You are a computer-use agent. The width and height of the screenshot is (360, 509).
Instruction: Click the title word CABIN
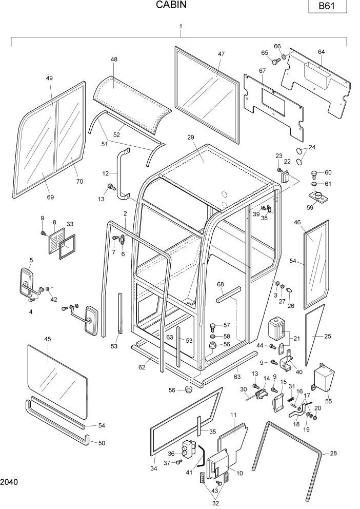pos(171,6)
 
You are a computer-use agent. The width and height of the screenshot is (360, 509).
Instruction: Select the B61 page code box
pos(327,7)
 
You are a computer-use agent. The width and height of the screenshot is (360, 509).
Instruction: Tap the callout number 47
pos(221,54)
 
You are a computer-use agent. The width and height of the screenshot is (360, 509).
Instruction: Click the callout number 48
pos(114,60)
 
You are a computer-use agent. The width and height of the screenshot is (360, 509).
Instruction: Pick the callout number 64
pos(321,51)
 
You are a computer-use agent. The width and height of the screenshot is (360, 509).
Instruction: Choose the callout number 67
pos(262,70)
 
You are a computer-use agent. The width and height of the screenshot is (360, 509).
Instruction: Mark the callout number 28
pos(333,453)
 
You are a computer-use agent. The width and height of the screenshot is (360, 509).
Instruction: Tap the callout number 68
pos(221,284)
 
